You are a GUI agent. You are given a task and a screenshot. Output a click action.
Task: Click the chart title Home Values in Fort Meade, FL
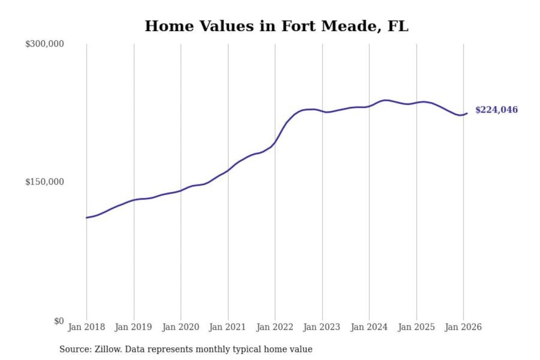(276, 26)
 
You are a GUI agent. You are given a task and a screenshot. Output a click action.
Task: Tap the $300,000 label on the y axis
(45, 44)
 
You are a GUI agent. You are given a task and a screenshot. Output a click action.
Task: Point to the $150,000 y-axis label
(45, 182)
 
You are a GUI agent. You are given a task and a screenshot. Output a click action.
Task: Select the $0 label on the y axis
(59, 321)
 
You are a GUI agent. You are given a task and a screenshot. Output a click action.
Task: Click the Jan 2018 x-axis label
(86, 327)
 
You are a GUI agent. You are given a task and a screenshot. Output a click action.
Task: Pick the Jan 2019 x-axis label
(133, 327)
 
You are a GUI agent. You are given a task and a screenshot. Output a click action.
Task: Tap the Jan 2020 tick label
(180, 327)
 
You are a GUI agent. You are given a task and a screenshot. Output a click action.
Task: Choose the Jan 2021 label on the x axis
(227, 327)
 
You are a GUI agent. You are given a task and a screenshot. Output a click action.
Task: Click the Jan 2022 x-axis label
(274, 327)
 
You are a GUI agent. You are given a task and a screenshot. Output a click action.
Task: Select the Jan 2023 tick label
(321, 327)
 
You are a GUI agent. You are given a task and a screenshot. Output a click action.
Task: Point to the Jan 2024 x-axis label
(369, 327)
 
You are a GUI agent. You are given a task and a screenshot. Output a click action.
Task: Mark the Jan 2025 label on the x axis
(416, 327)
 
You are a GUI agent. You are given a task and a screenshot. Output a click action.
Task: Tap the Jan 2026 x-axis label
(463, 327)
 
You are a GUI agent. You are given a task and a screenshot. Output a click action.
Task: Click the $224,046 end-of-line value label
(496, 110)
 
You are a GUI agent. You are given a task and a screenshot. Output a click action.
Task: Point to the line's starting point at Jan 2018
(87, 217)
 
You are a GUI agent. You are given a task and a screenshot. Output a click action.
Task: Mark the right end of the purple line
(467, 113)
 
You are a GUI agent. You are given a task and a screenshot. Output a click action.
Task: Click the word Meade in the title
(348, 26)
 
